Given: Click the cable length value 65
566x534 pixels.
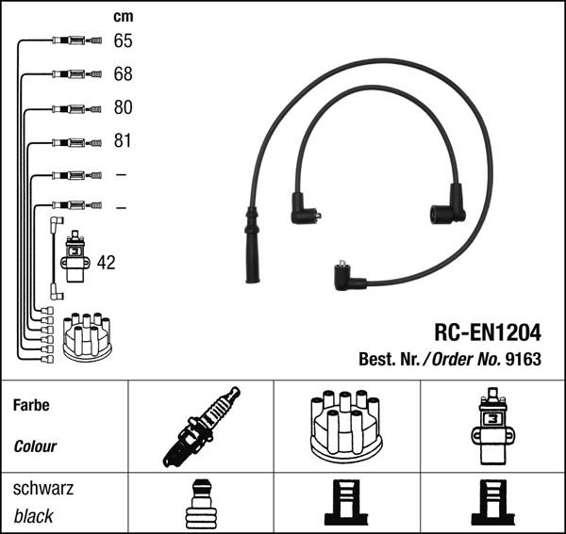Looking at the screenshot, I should (x=123, y=40).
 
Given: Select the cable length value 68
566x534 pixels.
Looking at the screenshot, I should (x=123, y=73).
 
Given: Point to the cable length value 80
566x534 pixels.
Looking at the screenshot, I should (x=123, y=107).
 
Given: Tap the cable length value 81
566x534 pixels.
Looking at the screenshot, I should (x=123, y=141).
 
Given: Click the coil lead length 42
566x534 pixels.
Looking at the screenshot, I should (x=106, y=263).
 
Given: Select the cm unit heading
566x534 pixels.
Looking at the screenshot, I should (x=123, y=16).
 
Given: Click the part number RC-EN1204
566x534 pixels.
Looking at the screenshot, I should (x=488, y=332).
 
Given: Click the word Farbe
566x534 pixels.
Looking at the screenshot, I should (x=31, y=406).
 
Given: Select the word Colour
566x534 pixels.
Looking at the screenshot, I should (x=35, y=446).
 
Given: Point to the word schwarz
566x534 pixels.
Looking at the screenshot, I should (x=42, y=489).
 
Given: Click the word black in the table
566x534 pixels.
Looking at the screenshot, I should (x=33, y=516).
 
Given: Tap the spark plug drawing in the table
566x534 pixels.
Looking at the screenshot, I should (x=201, y=427).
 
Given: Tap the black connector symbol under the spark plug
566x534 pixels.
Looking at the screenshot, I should (x=201, y=505).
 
